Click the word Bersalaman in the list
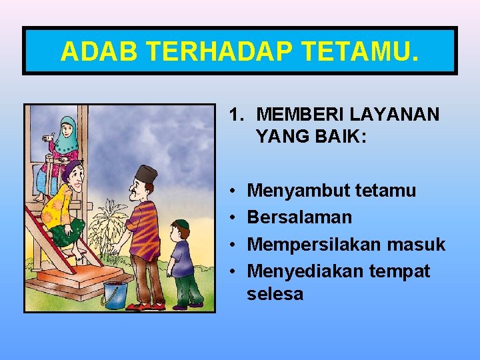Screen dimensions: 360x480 pos(299,217)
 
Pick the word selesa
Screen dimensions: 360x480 pos(275,293)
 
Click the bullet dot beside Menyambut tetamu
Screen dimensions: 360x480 pos(231,191)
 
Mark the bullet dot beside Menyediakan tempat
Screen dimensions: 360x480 pos(231,272)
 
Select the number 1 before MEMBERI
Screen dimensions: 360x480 pos(234,114)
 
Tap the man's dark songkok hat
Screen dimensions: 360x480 pos(146,175)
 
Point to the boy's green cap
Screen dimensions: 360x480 pos(181,224)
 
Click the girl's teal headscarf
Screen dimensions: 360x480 pos(68,134)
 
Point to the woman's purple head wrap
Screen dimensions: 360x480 pos(71,169)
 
